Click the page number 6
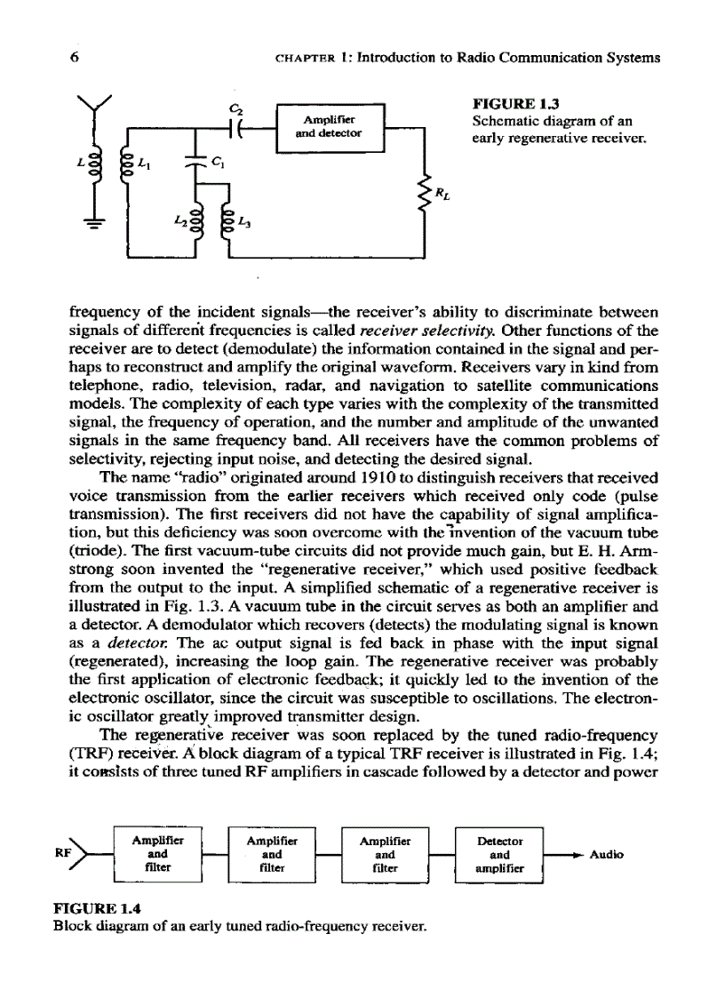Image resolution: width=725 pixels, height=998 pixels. click(x=73, y=58)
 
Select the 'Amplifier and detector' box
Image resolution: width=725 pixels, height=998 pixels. click(x=329, y=126)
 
